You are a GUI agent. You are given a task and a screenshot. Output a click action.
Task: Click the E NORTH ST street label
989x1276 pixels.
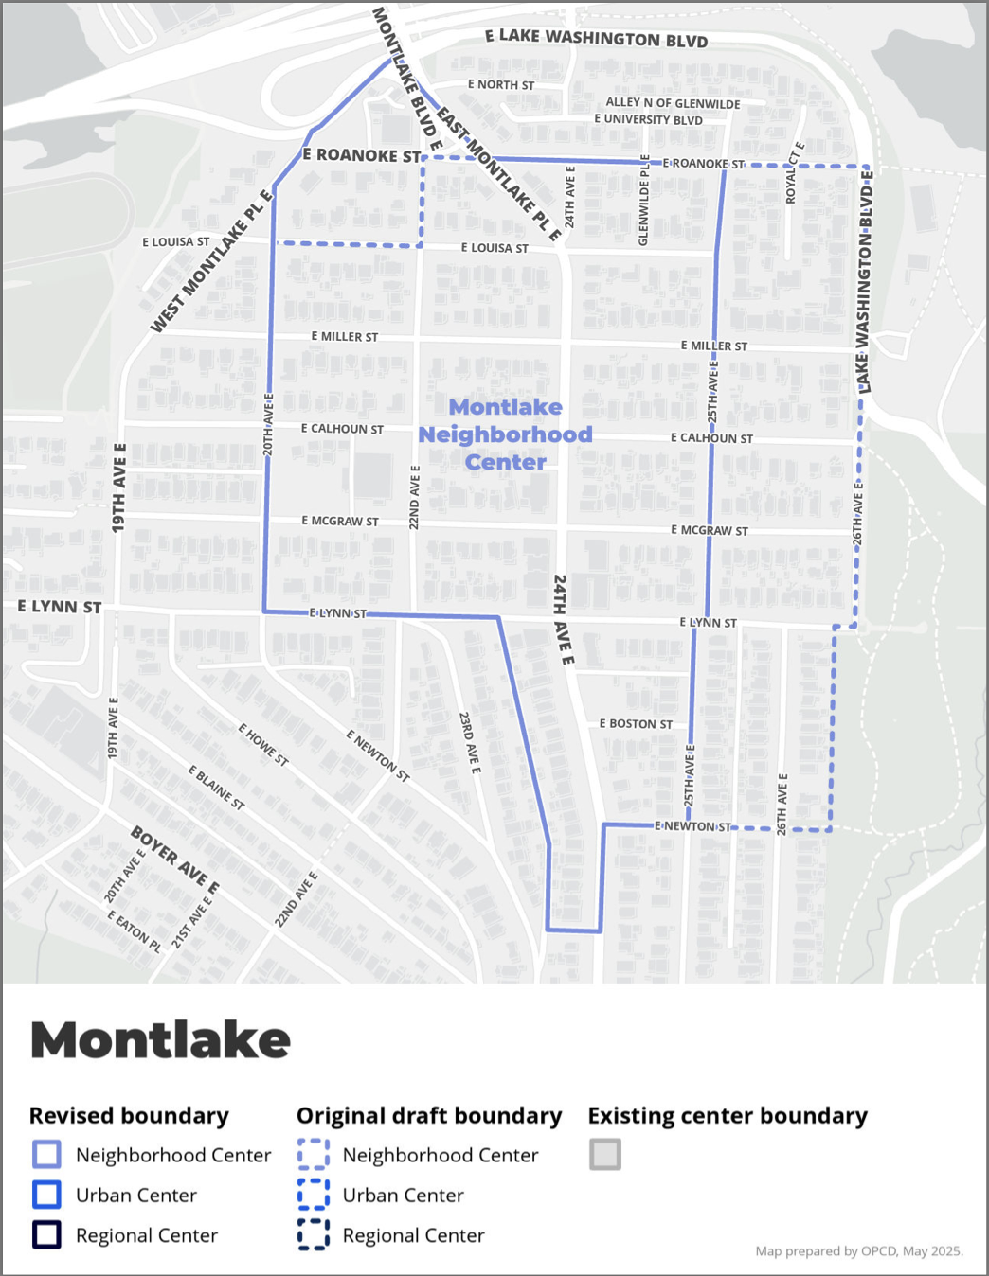[x=500, y=85]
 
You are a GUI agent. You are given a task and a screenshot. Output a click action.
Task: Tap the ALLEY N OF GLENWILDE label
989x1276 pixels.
[x=673, y=103]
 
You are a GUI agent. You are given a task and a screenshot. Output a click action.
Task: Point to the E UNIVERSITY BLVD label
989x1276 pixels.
[x=648, y=119]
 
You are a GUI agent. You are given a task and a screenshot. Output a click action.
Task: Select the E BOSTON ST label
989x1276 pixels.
[x=636, y=724]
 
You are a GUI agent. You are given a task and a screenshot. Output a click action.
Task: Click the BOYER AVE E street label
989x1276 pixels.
[x=174, y=860]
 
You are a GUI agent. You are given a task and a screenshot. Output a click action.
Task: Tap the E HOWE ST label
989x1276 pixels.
[x=262, y=745]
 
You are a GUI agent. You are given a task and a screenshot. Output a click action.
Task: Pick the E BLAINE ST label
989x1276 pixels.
[x=216, y=788]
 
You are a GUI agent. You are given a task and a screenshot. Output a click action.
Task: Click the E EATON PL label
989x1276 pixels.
[x=134, y=931]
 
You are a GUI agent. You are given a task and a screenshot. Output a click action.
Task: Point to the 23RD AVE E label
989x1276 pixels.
[x=470, y=743]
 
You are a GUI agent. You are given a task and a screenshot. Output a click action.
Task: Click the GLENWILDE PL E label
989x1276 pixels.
[x=644, y=201]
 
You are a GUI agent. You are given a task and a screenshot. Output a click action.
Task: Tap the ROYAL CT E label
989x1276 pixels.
[x=794, y=172]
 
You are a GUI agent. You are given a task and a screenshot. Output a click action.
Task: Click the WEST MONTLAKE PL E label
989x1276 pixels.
[x=211, y=262]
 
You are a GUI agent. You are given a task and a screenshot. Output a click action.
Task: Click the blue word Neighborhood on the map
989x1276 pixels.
[x=505, y=434]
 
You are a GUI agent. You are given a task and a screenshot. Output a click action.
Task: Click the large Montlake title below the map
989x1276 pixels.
[x=160, y=1039]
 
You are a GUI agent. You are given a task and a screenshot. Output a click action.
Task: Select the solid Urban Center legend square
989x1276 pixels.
[x=46, y=1195]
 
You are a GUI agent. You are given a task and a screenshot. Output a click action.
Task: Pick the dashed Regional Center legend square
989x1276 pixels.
[x=314, y=1234]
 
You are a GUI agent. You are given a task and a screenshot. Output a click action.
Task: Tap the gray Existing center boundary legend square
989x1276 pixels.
[x=605, y=1154]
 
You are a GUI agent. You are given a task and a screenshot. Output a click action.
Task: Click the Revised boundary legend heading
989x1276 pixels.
[x=129, y=1116]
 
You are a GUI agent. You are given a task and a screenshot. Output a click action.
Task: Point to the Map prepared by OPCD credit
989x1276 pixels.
[x=858, y=1251]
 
